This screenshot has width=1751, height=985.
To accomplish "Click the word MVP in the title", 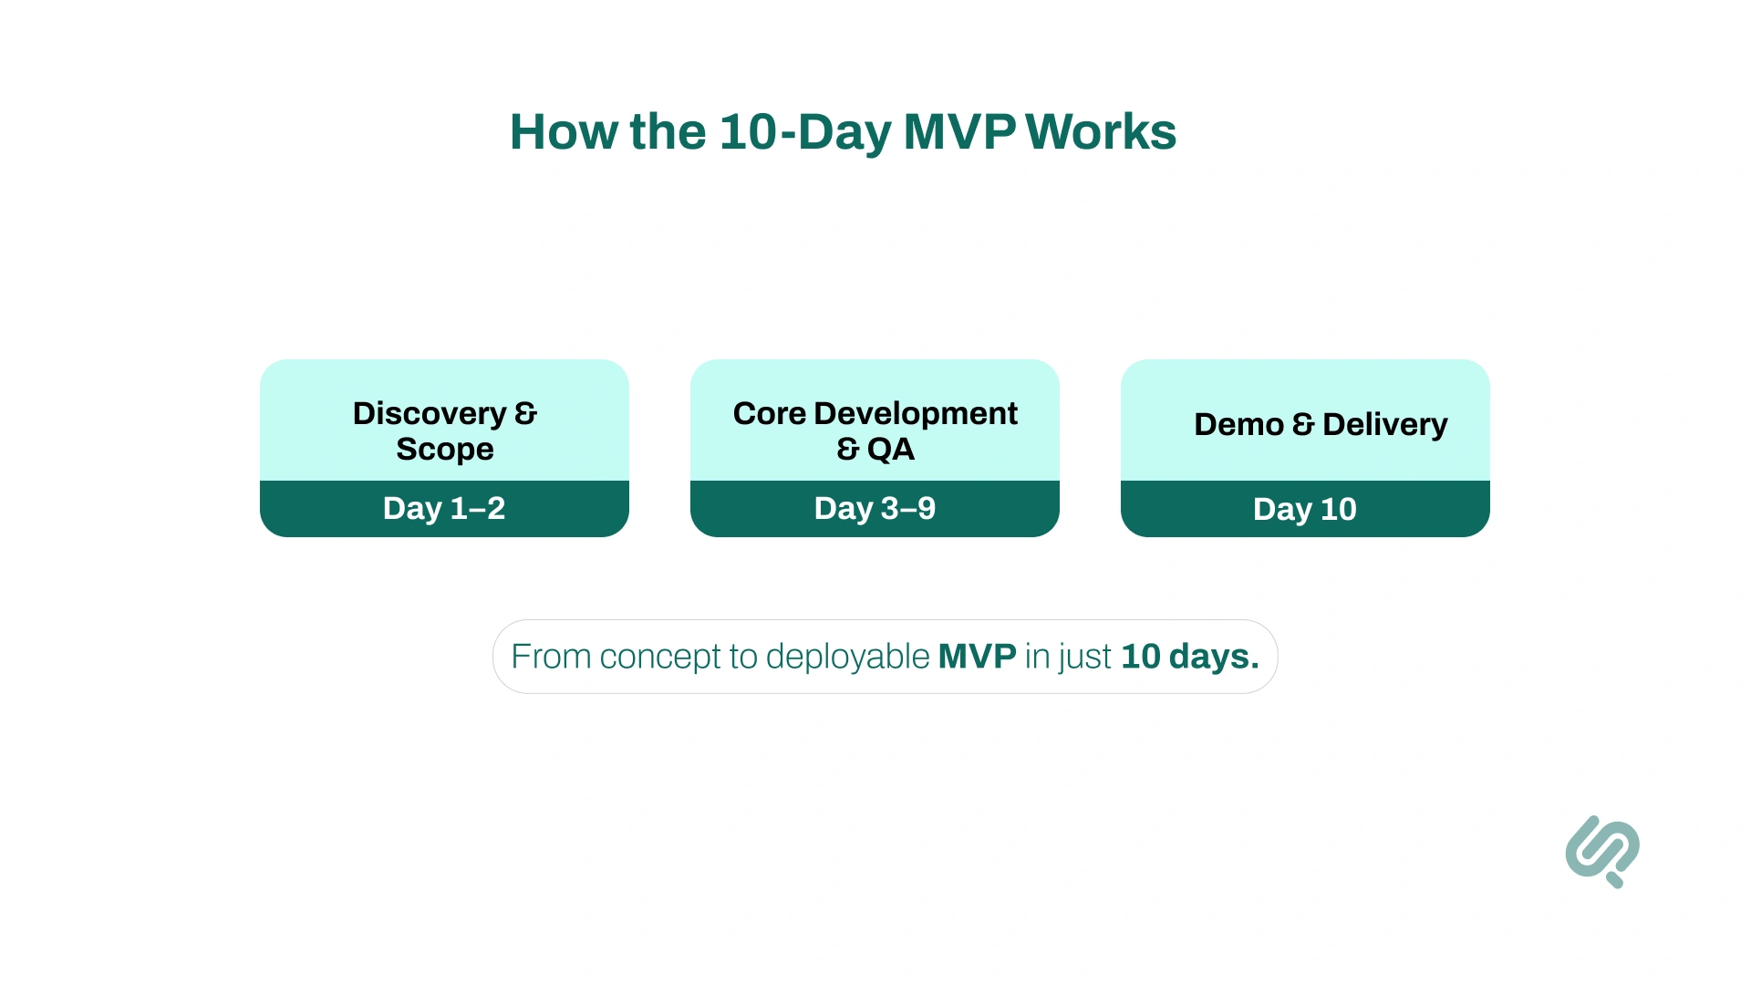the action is (x=959, y=131).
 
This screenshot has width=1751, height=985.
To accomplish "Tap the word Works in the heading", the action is (x=1102, y=131).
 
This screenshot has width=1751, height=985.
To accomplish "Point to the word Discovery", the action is (x=430, y=414).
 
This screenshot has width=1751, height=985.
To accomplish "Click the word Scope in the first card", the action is (x=445, y=449).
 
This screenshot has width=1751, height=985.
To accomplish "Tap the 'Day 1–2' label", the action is (x=444, y=508).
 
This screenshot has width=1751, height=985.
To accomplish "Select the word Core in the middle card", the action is (x=770, y=413).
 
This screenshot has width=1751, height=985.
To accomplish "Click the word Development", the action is (x=916, y=414).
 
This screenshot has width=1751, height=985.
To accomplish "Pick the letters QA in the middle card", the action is (x=891, y=449).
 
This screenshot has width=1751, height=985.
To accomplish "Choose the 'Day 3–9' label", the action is (x=875, y=508).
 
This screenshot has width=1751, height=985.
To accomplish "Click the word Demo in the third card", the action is (x=1239, y=424).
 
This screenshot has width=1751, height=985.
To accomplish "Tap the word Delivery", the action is (x=1385, y=425).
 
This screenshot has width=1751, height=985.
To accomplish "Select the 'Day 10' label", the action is (x=1305, y=509).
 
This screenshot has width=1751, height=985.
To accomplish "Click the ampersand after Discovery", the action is (x=526, y=414).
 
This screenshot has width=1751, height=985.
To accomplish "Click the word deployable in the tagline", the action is (x=848, y=657).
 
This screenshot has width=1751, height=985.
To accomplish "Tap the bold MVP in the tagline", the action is (x=978, y=657).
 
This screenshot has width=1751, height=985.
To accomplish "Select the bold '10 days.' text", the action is (x=1190, y=657).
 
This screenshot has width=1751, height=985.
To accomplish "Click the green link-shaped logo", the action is (x=1602, y=851).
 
